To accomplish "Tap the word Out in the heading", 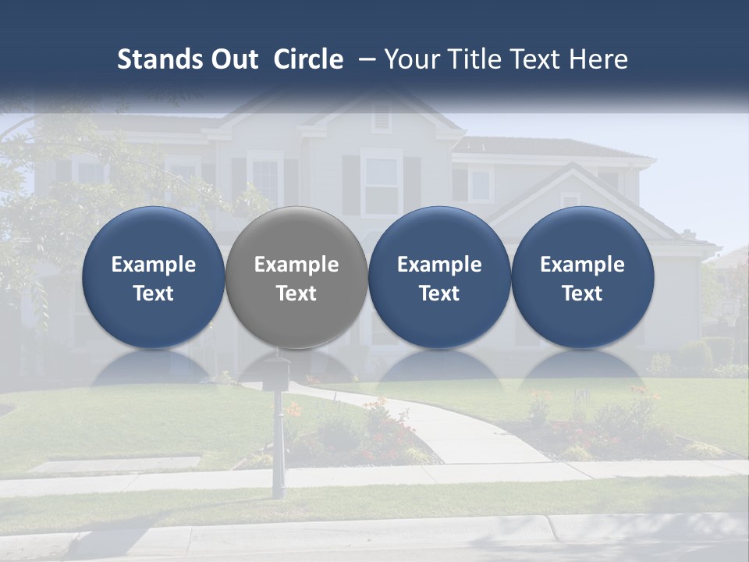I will pos(233,59).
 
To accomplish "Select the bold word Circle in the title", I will pos(308,59).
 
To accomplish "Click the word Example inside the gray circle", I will pos(296,265).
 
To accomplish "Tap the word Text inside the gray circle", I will pos(296,293).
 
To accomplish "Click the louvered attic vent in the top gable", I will pos(381,117).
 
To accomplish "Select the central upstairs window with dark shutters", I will pos(382,183).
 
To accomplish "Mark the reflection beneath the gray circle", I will pos(296,367).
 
